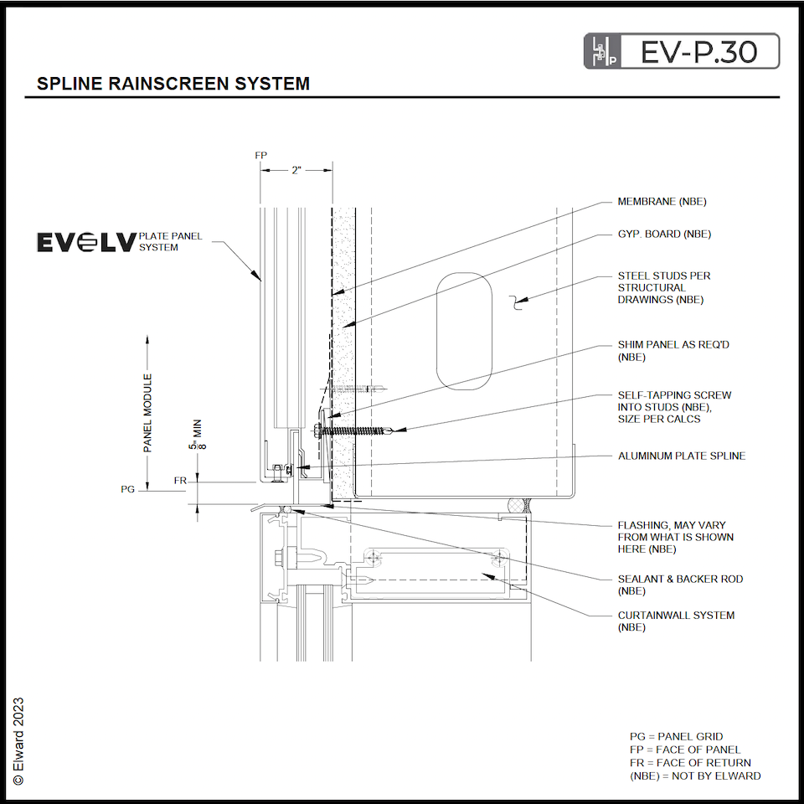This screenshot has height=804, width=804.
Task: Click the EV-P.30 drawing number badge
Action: [x=681, y=51]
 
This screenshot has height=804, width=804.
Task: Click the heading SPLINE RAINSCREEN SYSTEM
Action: [x=173, y=84]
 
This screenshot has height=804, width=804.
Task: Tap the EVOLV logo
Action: [x=85, y=242]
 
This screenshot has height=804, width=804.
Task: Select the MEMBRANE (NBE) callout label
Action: [x=662, y=202]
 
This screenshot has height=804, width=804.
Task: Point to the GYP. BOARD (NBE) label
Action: [x=664, y=234]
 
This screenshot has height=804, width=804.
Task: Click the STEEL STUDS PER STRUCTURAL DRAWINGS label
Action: [x=664, y=287]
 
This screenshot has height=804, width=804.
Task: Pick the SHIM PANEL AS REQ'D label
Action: [x=667, y=350]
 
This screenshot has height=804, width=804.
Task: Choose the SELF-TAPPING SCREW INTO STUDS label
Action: [x=674, y=406]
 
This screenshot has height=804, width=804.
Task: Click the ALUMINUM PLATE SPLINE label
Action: [x=681, y=456]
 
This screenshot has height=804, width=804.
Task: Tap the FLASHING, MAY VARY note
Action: [x=675, y=537]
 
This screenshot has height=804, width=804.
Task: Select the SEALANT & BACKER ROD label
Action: [x=680, y=585]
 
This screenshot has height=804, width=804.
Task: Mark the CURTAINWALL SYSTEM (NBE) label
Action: [x=676, y=621]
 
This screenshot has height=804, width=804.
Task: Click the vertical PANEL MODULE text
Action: [x=148, y=414]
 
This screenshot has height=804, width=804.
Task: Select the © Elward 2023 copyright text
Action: [x=18, y=740]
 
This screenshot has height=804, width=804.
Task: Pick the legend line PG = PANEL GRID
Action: [x=676, y=737]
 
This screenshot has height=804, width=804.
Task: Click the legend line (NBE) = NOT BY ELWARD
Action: [x=695, y=776]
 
